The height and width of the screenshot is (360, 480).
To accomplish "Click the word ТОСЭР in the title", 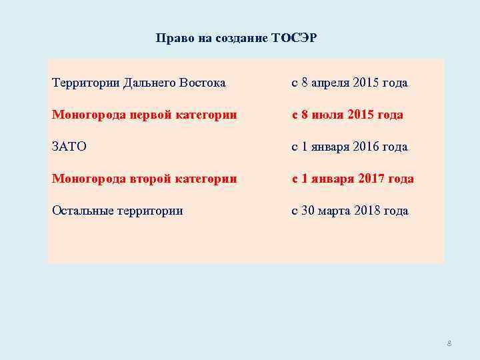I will [294, 38].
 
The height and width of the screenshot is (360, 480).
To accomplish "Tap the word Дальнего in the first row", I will [150, 83].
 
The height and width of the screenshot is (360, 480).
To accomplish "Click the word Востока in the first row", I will [202, 83].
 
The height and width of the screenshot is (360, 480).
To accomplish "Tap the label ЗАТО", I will [69, 147].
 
